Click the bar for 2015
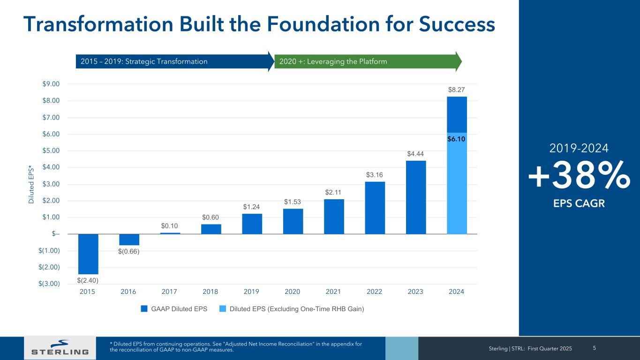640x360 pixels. [88, 254]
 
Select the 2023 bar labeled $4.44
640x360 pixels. [416, 197]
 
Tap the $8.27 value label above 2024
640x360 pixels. [457, 89]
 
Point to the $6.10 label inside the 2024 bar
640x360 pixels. [457, 139]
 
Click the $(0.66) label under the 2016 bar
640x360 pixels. [129, 252]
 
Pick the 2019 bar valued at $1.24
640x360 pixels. [252, 224]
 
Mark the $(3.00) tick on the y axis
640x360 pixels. [49, 284]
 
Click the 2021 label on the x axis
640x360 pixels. [333, 292]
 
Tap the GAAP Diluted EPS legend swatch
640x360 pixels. [144, 309]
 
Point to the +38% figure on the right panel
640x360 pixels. [579, 175]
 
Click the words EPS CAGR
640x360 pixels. [579, 203]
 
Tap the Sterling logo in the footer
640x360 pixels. [60, 347]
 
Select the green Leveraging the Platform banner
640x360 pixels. [366, 61]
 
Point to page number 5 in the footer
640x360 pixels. [595, 348]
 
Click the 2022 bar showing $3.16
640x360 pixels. [375, 208]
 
